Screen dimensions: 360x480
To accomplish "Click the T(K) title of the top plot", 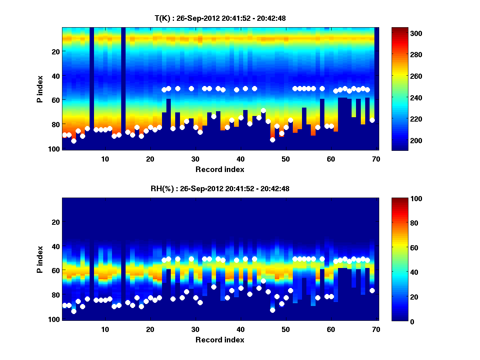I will pyautogui.click(x=220, y=18).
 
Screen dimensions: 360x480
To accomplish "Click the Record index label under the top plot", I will pyautogui.click(x=220, y=169).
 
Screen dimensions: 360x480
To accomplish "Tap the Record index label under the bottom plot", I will pyautogui.click(x=220, y=340).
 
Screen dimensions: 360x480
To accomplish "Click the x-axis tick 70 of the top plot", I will pyautogui.click(x=376, y=159).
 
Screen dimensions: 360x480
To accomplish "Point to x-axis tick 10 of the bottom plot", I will pyautogui.click(x=105, y=329).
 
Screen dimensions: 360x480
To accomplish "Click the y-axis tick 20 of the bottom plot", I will pyautogui.click(x=56, y=222).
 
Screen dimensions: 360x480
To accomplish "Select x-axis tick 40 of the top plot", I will pyautogui.click(x=240, y=159).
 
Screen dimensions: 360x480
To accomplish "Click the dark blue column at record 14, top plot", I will pyautogui.click(x=123, y=88).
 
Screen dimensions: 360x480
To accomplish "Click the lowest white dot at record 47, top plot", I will pyautogui.click(x=272, y=140).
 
